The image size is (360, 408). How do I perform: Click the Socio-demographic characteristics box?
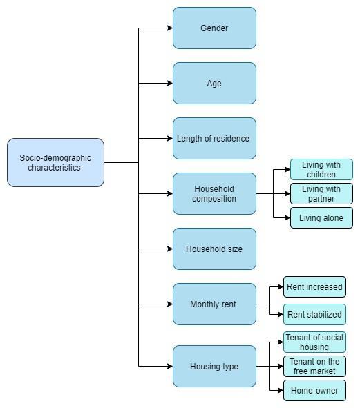pyautogui.click(x=55, y=163)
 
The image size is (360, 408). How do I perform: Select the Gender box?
pyautogui.click(x=214, y=28)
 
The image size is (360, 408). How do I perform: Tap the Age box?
pyautogui.click(x=214, y=84)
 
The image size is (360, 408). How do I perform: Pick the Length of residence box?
pyautogui.click(x=214, y=139)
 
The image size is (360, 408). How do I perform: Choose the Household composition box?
pyautogui.click(x=214, y=193)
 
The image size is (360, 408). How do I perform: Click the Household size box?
pyautogui.click(x=214, y=249)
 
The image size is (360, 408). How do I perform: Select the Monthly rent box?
pyautogui.click(x=214, y=304)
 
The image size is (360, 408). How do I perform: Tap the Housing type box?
pyautogui.click(x=214, y=367)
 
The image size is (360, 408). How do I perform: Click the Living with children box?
pyautogui.click(x=321, y=169)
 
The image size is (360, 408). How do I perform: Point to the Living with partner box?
pyautogui.click(x=321, y=193)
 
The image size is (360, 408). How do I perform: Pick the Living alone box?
pyautogui.click(x=321, y=217)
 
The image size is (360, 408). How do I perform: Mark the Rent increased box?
pyautogui.click(x=314, y=286)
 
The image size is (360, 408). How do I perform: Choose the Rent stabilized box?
pyautogui.click(x=314, y=314)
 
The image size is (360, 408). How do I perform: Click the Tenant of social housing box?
pyautogui.click(x=314, y=342)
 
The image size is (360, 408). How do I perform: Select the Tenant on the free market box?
pyautogui.click(x=314, y=367)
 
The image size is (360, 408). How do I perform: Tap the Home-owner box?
pyautogui.click(x=314, y=390)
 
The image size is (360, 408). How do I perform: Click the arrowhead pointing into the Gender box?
pyautogui.click(x=170, y=28)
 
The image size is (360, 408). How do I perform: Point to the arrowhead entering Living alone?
pyautogui.click(x=287, y=217)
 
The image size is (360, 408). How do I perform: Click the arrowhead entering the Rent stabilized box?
pyautogui.click(x=281, y=314)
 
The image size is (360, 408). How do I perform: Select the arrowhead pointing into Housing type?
pyautogui.click(x=170, y=367)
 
